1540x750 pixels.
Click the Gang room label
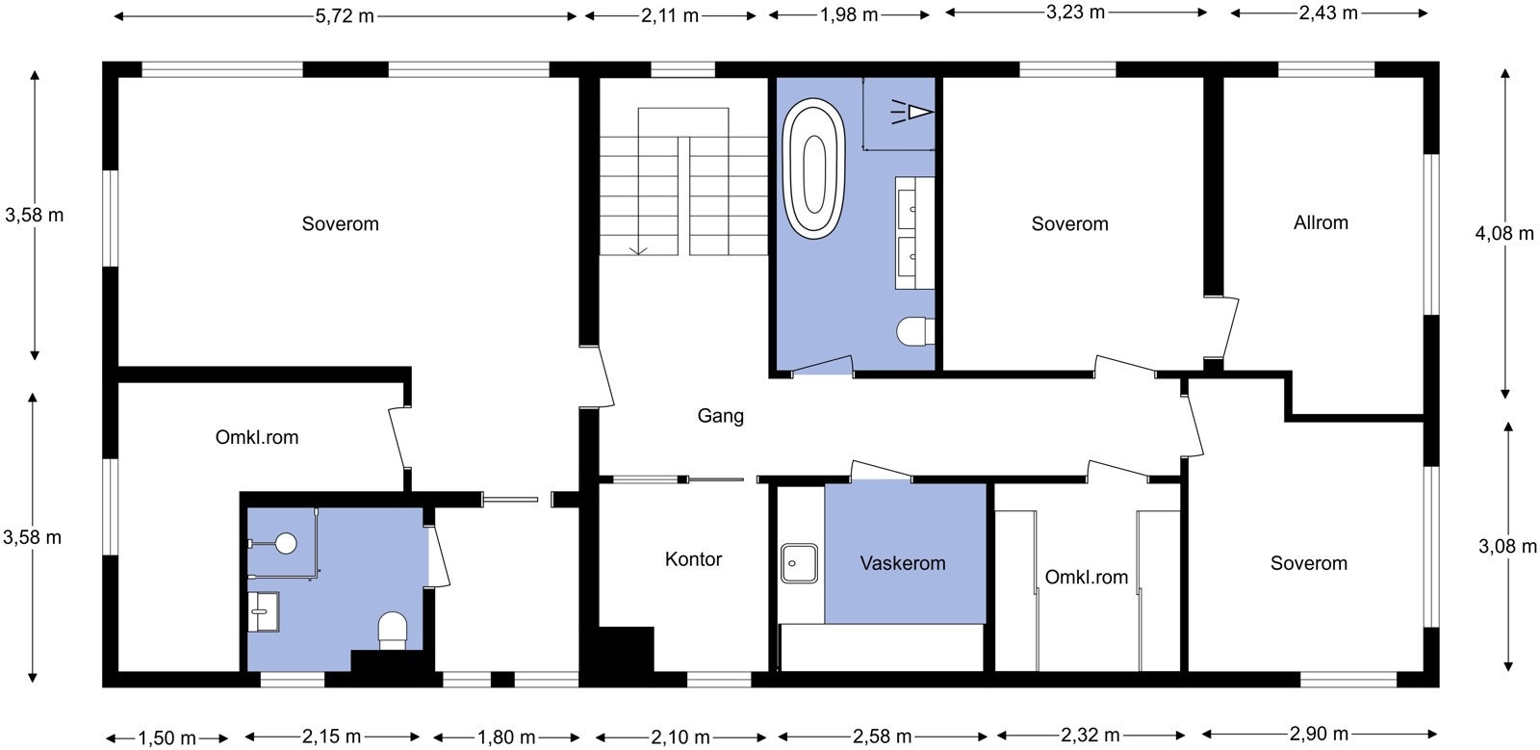(721, 416)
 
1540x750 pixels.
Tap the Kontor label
(693, 559)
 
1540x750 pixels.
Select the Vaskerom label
(903, 563)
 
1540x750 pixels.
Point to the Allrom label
(1321, 222)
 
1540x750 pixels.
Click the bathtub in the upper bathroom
(814, 169)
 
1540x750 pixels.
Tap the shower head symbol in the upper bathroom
(912, 112)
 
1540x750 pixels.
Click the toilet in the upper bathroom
(915, 331)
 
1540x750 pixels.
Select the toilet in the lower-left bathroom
(393, 631)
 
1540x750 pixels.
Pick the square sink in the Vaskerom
(799, 563)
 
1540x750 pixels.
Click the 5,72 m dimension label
(345, 15)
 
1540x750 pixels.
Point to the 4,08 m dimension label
(1504, 234)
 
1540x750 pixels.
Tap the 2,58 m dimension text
(882, 737)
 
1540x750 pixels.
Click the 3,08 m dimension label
(1507, 547)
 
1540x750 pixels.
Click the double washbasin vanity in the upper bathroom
(914, 233)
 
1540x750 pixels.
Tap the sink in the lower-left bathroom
(264, 611)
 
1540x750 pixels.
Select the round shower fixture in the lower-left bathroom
(285, 543)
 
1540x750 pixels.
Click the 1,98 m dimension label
(849, 15)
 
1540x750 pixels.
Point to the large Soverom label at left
(341, 224)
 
